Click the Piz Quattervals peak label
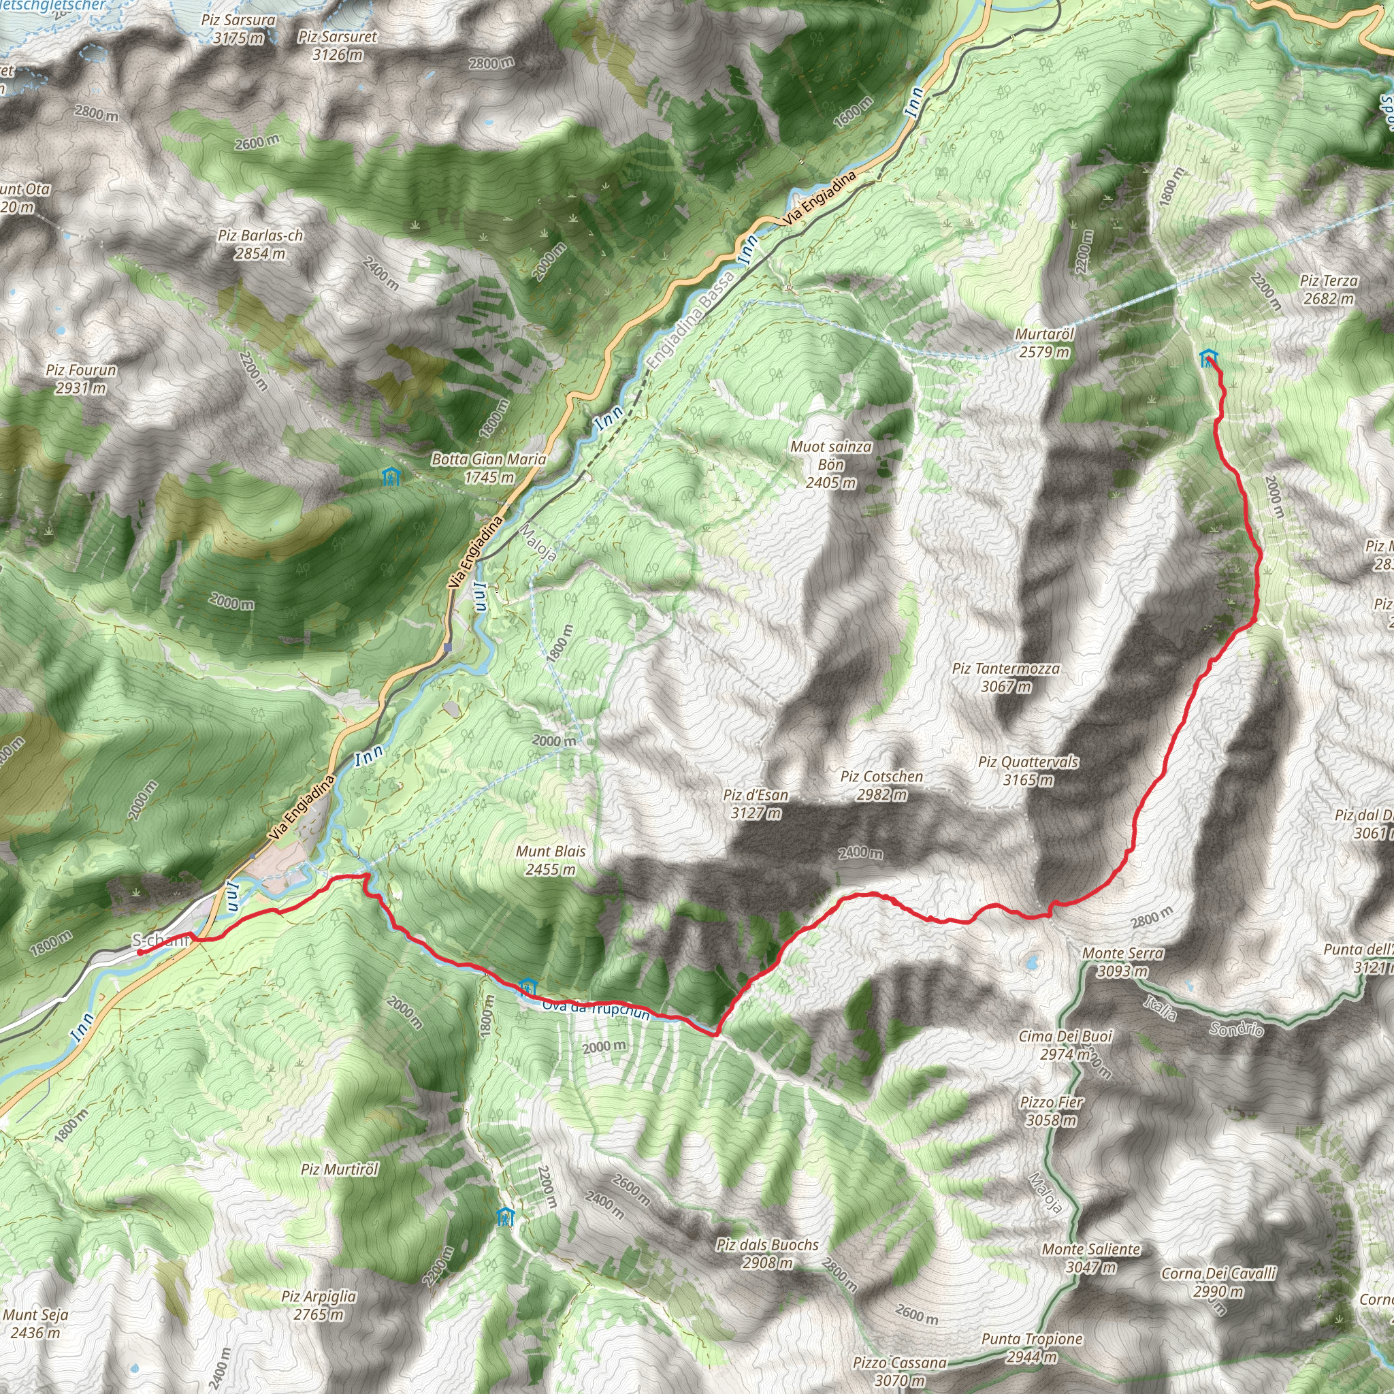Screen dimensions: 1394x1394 click(1028, 771)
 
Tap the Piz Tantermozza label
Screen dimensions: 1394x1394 click(1006, 677)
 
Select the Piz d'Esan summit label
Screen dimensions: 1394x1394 click(756, 804)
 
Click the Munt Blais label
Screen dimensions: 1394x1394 click(551, 860)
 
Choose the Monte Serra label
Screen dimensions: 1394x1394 click(1122, 962)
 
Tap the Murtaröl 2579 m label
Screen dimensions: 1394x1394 click(1044, 344)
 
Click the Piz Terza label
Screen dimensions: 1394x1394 click(1329, 289)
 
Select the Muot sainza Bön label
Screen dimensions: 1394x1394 click(830, 465)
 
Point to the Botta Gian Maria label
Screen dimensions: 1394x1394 click(489, 468)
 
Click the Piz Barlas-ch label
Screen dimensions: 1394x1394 click(260, 244)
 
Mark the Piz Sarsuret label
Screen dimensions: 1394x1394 click(337, 45)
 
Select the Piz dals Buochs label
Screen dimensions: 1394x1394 click(767, 1253)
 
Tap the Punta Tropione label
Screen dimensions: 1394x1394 click(1032, 1347)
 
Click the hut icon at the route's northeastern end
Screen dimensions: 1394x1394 click(1208, 357)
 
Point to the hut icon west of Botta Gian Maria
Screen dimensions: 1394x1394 click(389, 476)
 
